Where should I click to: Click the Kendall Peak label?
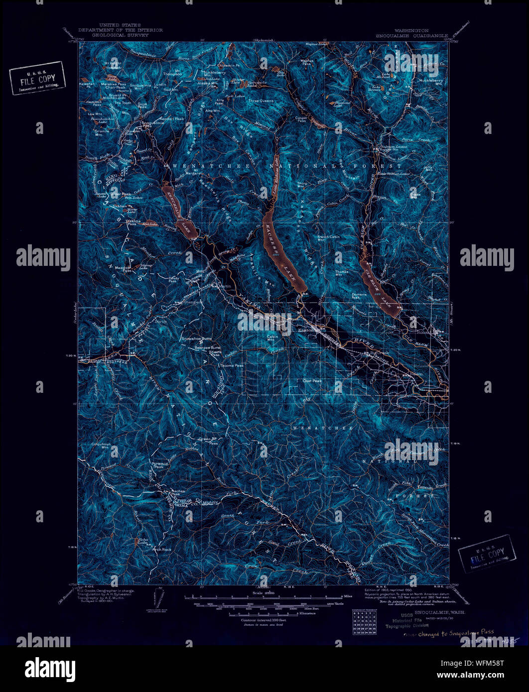(172, 119)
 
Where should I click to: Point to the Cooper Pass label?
(301, 119)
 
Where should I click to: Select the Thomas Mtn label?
(342, 273)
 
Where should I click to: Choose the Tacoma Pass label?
(232, 365)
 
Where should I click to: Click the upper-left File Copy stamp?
(38, 78)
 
